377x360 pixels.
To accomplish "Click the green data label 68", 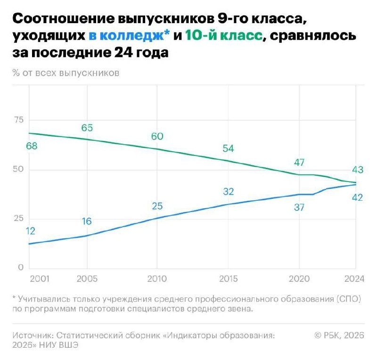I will click(32, 146).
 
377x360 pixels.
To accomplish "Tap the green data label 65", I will click(87, 128).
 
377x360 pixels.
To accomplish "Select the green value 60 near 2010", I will click(157, 136).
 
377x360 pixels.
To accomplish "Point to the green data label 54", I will click(228, 148).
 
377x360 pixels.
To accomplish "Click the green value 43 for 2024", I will click(357, 170).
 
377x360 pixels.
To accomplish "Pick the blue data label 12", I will click(31, 231).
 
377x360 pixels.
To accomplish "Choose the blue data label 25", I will click(157, 205).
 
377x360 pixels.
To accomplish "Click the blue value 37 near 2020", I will click(299, 207).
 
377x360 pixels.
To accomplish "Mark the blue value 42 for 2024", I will click(357, 197).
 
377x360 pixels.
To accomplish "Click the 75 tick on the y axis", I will click(18, 120).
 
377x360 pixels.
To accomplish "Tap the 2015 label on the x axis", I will click(228, 279).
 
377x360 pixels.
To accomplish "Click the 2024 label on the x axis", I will click(354, 279).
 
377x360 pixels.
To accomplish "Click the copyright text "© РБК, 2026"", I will click(339, 335).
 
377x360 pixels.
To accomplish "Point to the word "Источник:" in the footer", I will click(33, 335).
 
